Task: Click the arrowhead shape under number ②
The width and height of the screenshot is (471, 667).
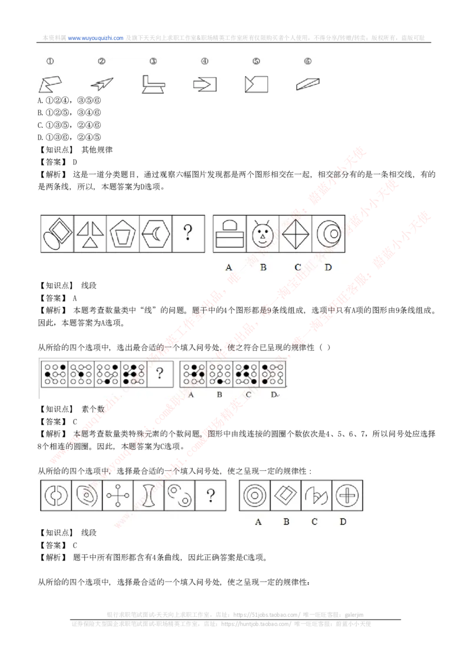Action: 102,84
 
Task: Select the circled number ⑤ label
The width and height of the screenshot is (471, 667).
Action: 256,61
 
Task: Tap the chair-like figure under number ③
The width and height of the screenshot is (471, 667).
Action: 153,84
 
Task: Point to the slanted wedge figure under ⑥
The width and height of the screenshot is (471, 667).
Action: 308,84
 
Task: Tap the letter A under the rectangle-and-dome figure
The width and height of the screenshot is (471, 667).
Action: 228,267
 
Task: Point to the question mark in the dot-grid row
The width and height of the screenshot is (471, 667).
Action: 159,372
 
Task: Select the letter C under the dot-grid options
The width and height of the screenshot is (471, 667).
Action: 248,394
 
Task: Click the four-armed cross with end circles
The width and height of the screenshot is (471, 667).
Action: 118,496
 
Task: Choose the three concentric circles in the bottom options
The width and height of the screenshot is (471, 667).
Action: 254,496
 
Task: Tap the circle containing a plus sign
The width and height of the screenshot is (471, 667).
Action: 347,496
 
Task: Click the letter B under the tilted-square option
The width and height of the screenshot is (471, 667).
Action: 286,521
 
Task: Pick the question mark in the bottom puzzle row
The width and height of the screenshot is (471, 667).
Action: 210,496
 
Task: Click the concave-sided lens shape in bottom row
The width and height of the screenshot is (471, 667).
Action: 148,496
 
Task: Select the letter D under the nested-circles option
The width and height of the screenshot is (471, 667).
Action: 328,267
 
